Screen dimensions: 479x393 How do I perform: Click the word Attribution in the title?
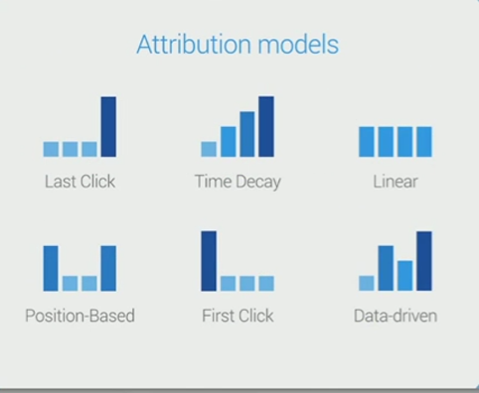(x=194, y=45)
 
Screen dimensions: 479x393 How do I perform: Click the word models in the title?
(x=298, y=45)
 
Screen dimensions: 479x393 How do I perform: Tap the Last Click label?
(x=80, y=182)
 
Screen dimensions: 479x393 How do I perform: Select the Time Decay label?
(x=238, y=182)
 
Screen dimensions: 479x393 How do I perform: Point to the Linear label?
(x=396, y=182)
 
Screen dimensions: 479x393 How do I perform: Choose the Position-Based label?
(x=80, y=316)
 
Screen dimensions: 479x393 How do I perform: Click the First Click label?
(x=238, y=316)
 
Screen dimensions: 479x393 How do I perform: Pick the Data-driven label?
(x=396, y=316)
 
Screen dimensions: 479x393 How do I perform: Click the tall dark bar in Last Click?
(x=108, y=127)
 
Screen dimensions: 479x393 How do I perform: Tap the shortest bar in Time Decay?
(x=209, y=149)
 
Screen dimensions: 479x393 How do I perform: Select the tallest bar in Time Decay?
(x=266, y=127)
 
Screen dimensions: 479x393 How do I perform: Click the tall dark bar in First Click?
(x=209, y=261)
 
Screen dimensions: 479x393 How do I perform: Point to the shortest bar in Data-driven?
(x=367, y=283)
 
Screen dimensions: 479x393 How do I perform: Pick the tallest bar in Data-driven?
(x=424, y=261)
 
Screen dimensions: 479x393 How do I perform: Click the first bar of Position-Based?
(x=51, y=268)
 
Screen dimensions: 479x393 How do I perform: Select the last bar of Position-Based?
(x=108, y=268)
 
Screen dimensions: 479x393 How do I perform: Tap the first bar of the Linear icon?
(x=367, y=142)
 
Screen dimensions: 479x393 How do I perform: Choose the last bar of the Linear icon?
(x=424, y=142)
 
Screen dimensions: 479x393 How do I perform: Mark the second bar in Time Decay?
(x=229, y=142)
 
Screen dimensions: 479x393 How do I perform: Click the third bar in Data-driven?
(x=405, y=276)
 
